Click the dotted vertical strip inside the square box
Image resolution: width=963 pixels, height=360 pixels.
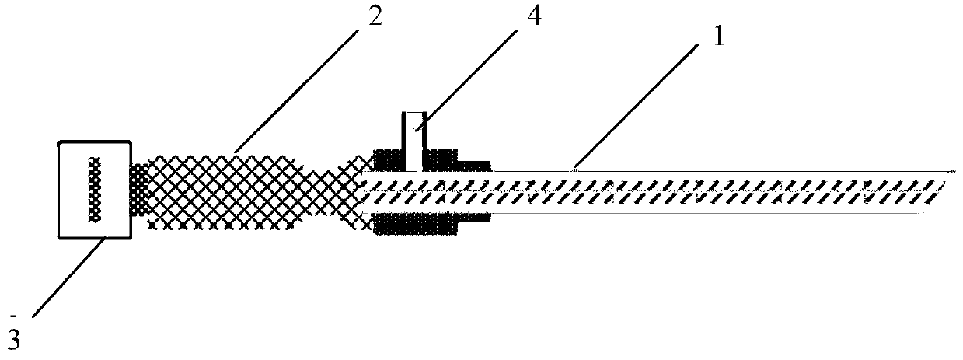pos(96,190)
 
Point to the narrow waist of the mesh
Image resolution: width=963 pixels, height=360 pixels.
pos(319,190)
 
